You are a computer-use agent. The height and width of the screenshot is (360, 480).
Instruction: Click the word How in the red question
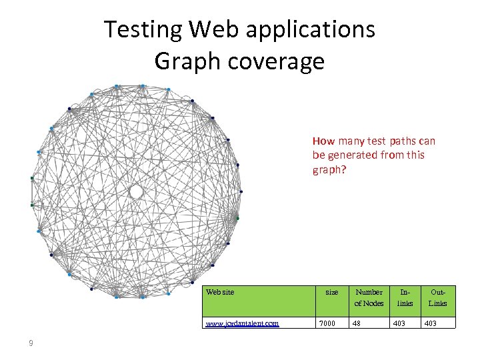[x=323, y=141]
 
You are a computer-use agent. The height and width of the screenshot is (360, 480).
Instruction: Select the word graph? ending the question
[x=329, y=170]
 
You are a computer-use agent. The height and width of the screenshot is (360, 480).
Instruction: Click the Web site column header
[x=220, y=292]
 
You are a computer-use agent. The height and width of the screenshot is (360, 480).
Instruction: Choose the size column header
[x=331, y=292]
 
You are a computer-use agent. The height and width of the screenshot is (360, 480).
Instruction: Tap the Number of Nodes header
[x=369, y=297]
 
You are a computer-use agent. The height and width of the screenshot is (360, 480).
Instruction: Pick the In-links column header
[x=405, y=297]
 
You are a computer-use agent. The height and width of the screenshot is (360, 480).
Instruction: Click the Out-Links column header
[x=438, y=297]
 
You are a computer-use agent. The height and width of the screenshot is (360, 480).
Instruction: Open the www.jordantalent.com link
[x=242, y=323]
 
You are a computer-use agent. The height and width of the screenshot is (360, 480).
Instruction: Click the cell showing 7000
[x=327, y=323]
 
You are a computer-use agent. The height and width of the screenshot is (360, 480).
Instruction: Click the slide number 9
[x=31, y=343]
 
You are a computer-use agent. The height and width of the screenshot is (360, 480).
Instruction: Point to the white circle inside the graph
[x=136, y=192]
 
